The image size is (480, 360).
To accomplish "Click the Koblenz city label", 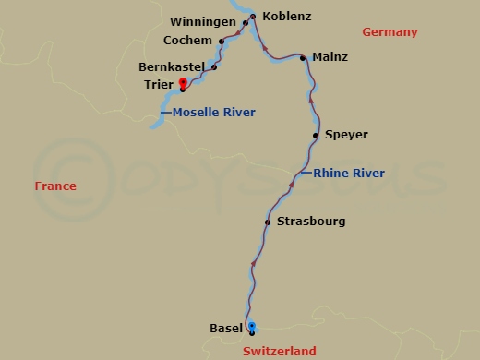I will pyautogui.click(x=287, y=17).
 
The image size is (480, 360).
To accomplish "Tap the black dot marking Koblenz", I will pyautogui.click(x=252, y=16).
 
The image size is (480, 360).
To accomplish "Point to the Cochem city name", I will pyautogui.click(x=186, y=41).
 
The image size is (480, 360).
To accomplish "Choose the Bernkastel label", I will pyautogui.click(x=171, y=67).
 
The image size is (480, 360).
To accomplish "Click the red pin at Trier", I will pyautogui.click(x=183, y=83).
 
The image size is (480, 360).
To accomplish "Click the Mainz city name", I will pyautogui.click(x=330, y=57).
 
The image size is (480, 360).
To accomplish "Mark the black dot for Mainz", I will pyautogui.click(x=303, y=57).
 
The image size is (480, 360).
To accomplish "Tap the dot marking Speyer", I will pyautogui.click(x=316, y=136).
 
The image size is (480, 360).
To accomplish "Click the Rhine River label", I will pyautogui.click(x=349, y=174).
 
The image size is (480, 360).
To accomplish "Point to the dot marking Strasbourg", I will pyautogui.click(x=267, y=222).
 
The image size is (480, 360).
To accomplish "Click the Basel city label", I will pyautogui.click(x=226, y=328).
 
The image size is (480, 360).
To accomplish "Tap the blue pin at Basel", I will pyautogui.click(x=252, y=326).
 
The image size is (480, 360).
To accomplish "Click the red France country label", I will pyautogui.click(x=55, y=186).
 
